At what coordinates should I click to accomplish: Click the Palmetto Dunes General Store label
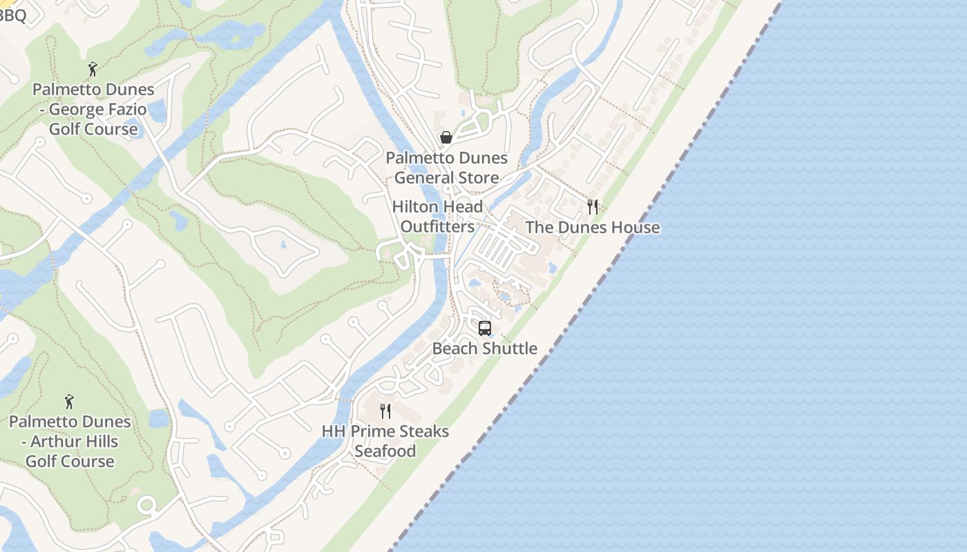(x=446, y=168)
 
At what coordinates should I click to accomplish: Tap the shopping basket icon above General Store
(x=446, y=137)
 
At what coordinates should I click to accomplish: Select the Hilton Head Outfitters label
(x=437, y=217)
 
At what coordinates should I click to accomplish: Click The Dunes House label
(x=592, y=228)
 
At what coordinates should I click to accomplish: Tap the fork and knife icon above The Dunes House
(x=592, y=206)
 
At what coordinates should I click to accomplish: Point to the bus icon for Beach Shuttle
(x=485, y=328)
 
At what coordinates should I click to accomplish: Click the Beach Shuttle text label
(x=485, y=348)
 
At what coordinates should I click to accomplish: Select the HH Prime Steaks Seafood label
(x=385, y=441)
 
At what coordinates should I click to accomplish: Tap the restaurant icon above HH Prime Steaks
(x=385, y=411)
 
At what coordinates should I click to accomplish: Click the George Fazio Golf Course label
(x=93, y=109)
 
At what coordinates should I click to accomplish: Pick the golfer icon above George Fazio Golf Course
(x=93, y=69)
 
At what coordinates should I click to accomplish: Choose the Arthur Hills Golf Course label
(x=70, y=441)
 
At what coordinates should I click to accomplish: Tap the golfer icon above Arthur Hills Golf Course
(x=69, y=401)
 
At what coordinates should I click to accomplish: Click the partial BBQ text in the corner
(x=12, y=15)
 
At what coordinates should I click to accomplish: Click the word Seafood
(x=385, y=451)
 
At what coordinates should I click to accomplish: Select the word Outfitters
(x=437, y=227)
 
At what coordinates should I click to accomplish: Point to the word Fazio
(x=122, y=109)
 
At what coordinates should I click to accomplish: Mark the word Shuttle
(x=510, y=348)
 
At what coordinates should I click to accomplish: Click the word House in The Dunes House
(x=635, y=228)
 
